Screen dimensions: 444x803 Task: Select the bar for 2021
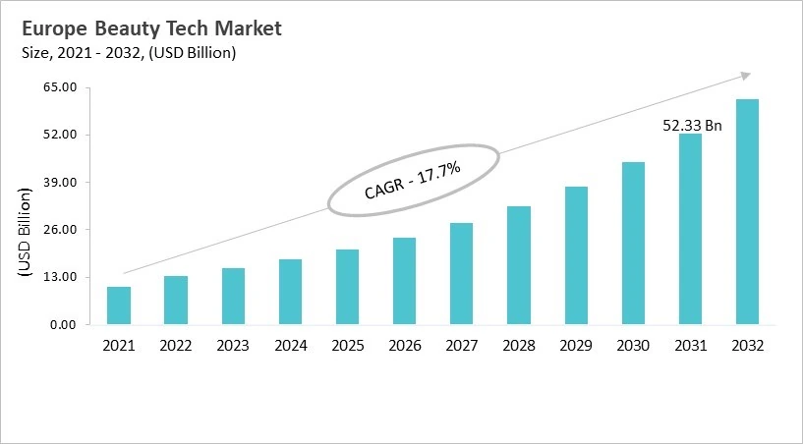point(119,305)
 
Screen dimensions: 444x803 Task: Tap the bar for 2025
point(347,287)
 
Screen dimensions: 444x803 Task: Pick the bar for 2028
point(519,265)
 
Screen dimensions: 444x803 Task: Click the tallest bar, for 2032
point(747,211)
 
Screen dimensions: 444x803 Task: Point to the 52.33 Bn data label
point(693,125)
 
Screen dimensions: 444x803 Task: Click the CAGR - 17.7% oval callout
point(413,182)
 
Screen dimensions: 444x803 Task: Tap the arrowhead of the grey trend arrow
point(746,75)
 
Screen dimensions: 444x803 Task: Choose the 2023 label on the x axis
point(233,346)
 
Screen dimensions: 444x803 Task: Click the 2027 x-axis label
point(461,346)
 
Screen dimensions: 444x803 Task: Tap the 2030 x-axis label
point(633,346)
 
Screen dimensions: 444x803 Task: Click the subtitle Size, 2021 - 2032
point(128,53)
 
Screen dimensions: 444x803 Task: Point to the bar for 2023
point(233,296)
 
